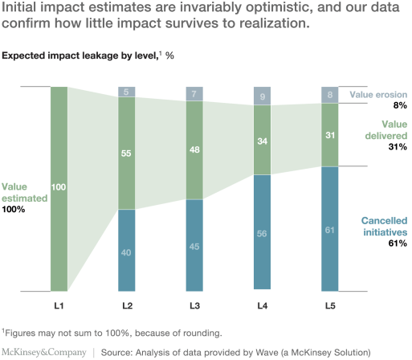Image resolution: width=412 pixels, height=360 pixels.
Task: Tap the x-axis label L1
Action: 59,306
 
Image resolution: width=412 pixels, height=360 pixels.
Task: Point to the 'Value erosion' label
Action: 378,94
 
